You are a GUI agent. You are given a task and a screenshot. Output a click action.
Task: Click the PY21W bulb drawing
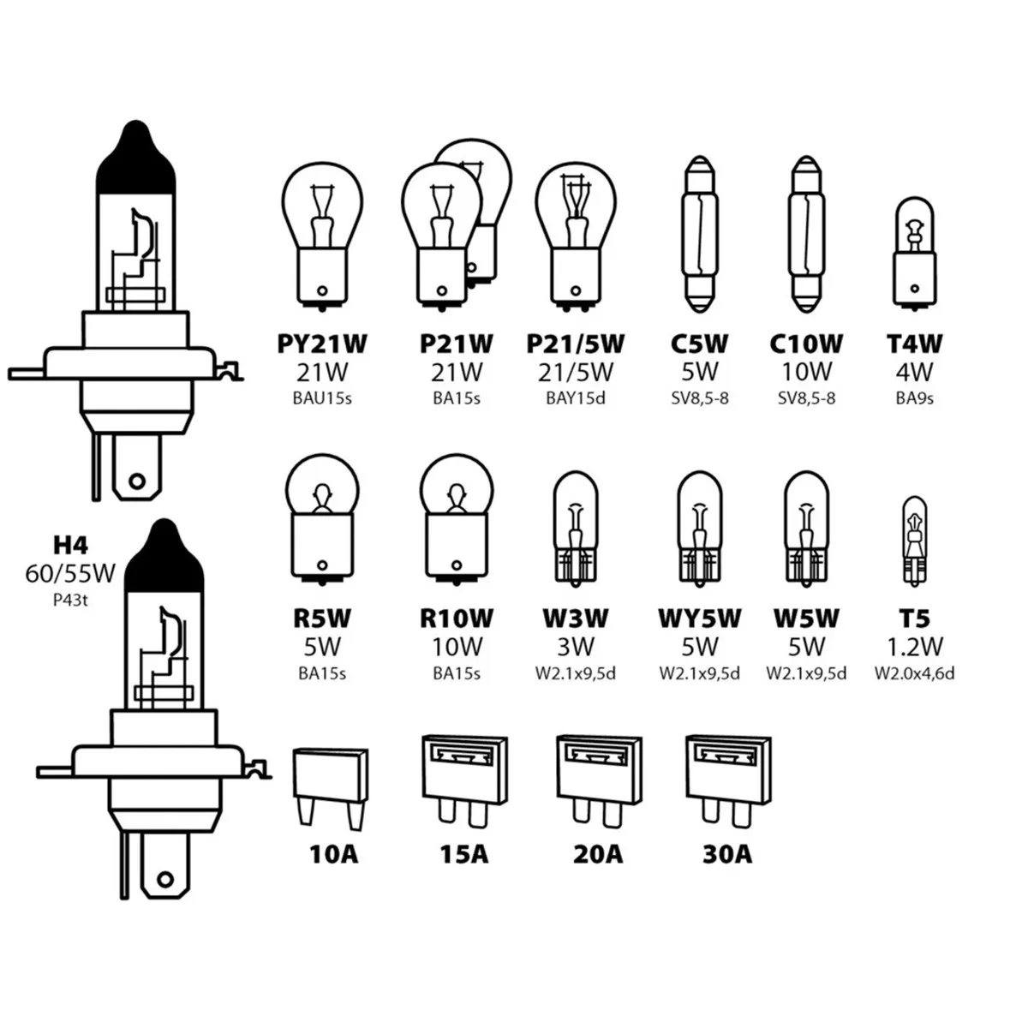pyautogui.click(x=322, y=232)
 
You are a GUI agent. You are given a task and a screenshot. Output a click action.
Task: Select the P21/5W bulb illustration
pyautogui.click(x=576, y=232)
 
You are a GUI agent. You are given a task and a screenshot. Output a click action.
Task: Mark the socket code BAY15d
pyautogui.click(x=576, y=398)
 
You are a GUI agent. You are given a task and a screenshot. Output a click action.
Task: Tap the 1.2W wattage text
pyautogui.click(x=915, y=646)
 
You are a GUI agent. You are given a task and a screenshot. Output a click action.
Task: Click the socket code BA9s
pyautogui.click(x=915, y=398)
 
